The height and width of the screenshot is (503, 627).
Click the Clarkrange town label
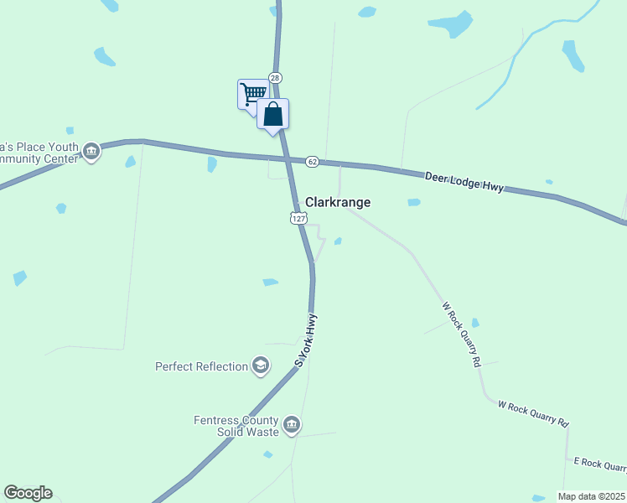[x=338, y=202]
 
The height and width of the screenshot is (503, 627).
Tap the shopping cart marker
[x=251, y=92]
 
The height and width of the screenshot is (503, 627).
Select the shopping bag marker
[x=273, y=113]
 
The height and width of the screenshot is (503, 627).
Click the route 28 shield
[x=276, y=77]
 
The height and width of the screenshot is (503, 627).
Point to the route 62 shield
[x=312, y=160]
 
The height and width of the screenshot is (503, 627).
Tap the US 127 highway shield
[x=298, y=217]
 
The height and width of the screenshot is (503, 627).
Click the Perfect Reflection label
[x=201, y=366]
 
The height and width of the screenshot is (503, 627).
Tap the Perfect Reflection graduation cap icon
[x=261, y=366]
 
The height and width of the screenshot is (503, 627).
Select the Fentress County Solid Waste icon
[x=292, y=425]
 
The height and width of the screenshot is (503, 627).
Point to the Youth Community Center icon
[x=91, y=152]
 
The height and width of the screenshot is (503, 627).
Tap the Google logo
[x=28, y=493]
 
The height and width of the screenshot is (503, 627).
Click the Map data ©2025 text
[x=591, y=496]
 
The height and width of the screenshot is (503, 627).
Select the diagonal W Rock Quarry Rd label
[x=461, y=334]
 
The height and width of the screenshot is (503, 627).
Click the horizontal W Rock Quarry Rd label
[x=533, y=413]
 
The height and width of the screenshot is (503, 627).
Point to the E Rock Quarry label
[x=598, y=464]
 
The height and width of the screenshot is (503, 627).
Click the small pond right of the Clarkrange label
[x=413, y=202]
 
